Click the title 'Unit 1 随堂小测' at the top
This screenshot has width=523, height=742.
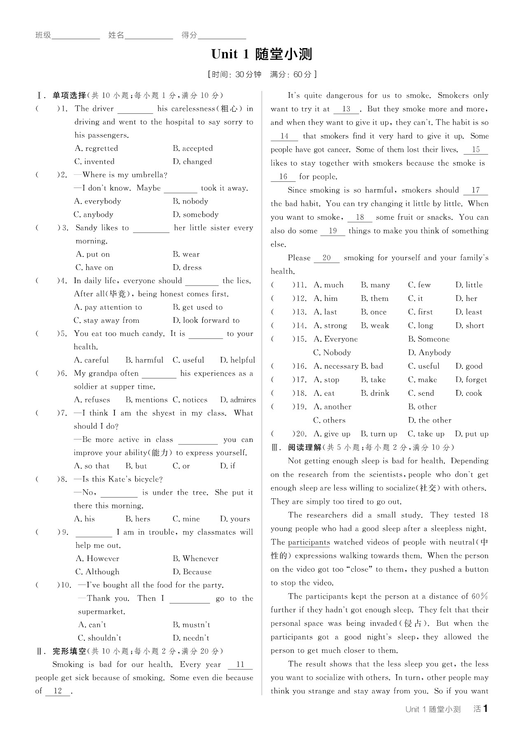(261, 54)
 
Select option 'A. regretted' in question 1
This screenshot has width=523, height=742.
(96, 148)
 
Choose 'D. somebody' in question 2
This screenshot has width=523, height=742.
(196, 214)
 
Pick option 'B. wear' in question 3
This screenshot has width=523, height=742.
(186, 254)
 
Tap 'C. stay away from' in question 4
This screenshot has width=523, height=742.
(107, 320)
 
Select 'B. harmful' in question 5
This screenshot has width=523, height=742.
(144, 360)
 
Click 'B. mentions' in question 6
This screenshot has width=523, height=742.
(146, 400)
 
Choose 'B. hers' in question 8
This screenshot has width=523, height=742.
(138, 519)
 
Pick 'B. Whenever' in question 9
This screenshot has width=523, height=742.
(196, 559)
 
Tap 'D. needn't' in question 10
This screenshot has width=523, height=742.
(191, 638)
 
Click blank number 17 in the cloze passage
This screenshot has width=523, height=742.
(476, 190)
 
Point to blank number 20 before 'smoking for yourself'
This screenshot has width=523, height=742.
(327, 258)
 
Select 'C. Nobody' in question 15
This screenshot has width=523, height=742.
(332, 352)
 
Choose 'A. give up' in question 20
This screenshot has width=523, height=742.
(332, 434)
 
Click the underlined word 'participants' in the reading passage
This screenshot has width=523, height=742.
(309, 542)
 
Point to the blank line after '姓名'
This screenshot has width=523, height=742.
(149, 35)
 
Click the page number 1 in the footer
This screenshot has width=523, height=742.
(486, 709)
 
